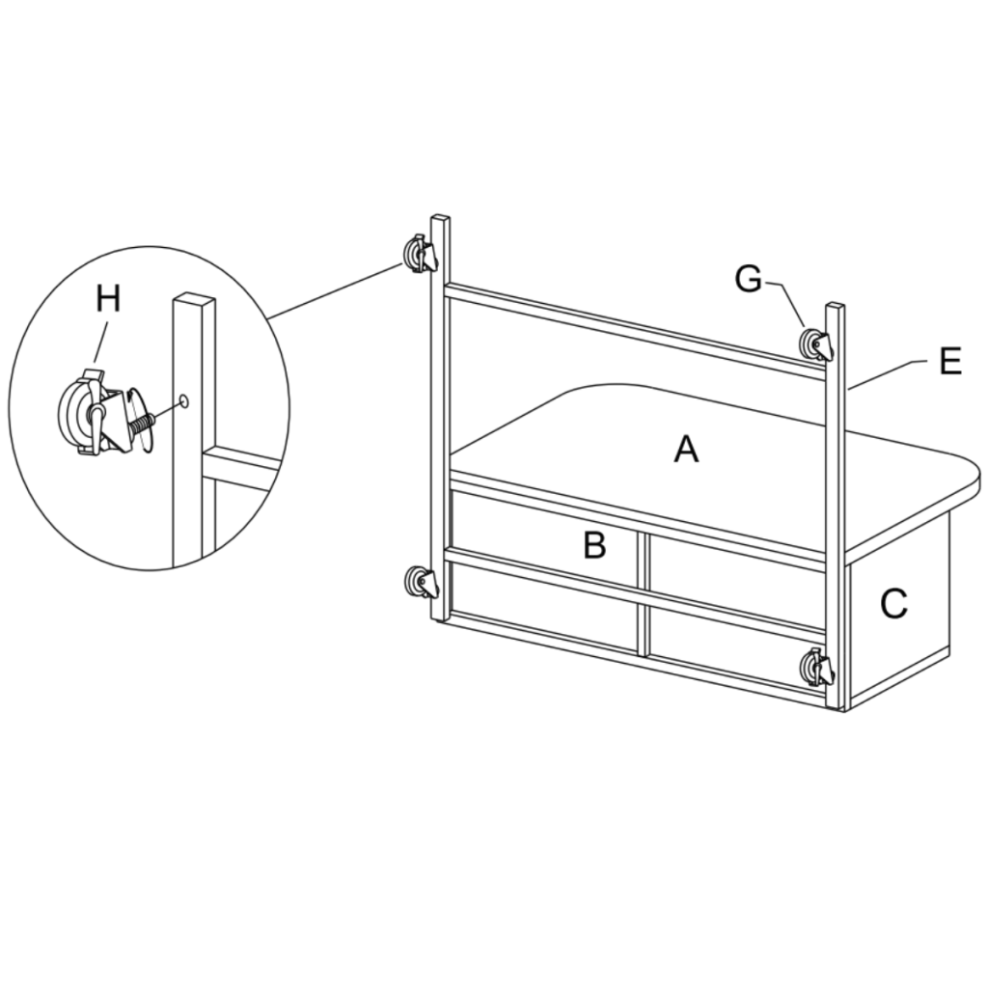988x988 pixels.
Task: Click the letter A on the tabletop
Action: (x=685, y=449)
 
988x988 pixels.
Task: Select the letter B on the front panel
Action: (x=594, y=545)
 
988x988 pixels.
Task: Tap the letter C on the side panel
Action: (x=893, y=604)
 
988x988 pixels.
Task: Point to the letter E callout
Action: (x=949, y=362)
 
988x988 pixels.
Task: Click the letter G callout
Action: (x=748, y=279)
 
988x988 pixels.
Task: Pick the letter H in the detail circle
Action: (x=108, y=299)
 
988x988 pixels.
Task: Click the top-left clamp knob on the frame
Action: (x=420, y=254)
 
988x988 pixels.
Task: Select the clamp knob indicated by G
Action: (x=815, y=344)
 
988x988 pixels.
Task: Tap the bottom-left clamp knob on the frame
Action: (x=421, y=583)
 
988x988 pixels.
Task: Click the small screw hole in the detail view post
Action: (x=182, y=399)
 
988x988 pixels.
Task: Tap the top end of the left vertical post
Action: (x=439, y=219)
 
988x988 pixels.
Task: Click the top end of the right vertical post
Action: (x=835, y=308)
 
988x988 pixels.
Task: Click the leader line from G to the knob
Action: (x=789, y=303)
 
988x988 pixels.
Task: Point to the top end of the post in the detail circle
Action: (x=194, y=297)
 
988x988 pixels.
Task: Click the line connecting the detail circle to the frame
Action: (x=338, y=290)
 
